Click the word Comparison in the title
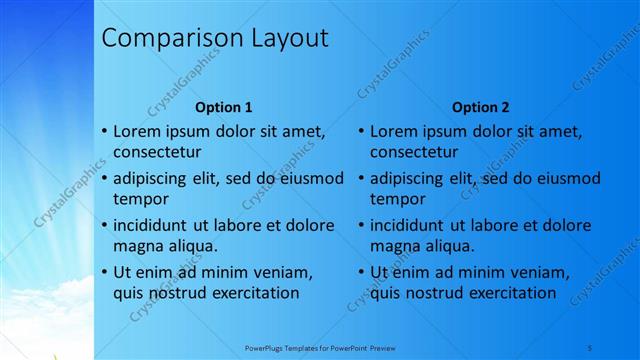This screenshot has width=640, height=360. pyautogui.click(x=166, y=39)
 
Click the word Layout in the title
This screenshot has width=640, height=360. pyautogui.click(x=281, y=39)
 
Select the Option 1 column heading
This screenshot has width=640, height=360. pyautogui.click(x=224, y=107)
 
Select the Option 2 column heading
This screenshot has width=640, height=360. pyautogui.click(x=481, y=107)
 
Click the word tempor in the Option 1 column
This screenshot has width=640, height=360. pyautogui.click(x=141, y=199)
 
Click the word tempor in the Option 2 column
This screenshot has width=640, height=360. pyautogui.click(x=398, y=199)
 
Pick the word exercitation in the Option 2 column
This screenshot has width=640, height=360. pyautogui.click(x=506, y=293)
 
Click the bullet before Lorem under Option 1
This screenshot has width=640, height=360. pyautogui.click(x=105, y=131)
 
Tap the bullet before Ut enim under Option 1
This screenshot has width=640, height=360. pyautogui.click(x=105, y=272)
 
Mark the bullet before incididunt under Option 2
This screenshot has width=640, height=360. pyautogui.click(x=362, y=225)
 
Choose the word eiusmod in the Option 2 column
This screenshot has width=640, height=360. pyautogui.click(x=566, y=178)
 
